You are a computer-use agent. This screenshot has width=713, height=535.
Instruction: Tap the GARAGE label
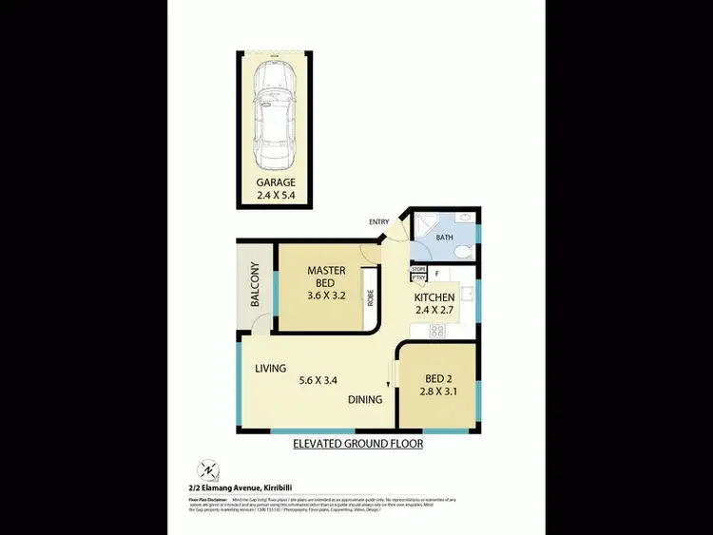[275, 182]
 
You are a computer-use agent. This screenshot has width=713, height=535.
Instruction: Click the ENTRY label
[379, 222]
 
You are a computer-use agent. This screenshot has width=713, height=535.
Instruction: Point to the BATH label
[444, 238]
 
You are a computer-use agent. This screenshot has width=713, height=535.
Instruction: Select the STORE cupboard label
[418, 270]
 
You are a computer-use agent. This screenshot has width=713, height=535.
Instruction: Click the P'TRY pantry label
[418, 278]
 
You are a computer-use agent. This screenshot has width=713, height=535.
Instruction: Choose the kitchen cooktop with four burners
[439, 331]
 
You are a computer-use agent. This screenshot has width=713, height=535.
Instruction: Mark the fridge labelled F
[436, 275]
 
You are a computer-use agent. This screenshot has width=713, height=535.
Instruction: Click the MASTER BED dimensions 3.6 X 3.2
[326, 296]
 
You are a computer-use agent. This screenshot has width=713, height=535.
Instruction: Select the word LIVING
[271, 368]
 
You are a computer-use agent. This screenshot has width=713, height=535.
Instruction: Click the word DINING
[364, 399]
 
